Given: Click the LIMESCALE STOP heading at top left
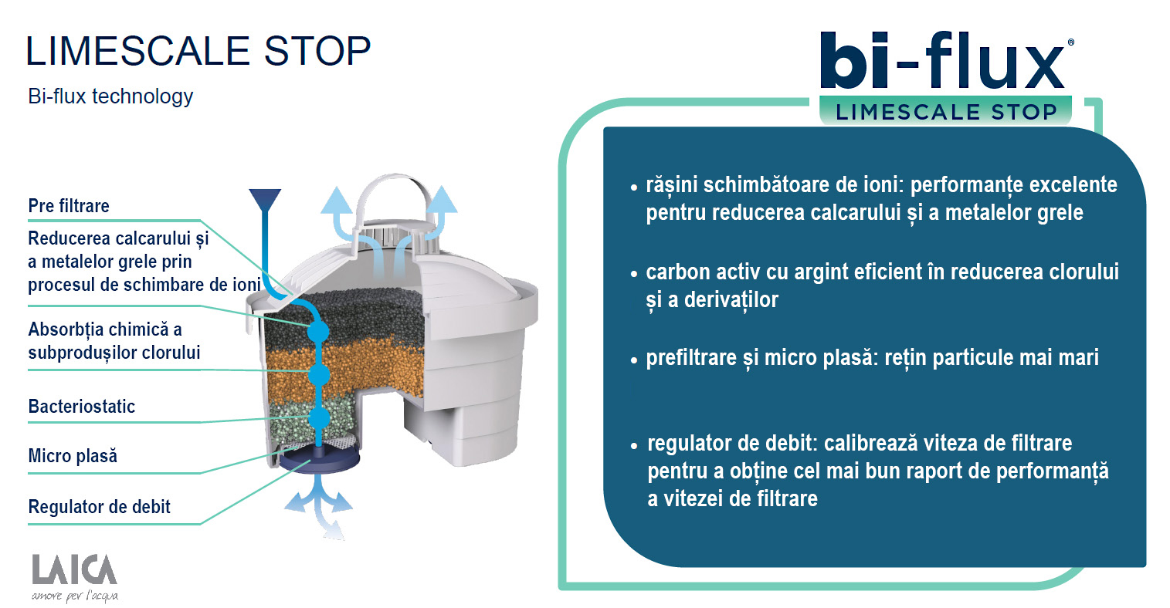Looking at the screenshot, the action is click(198, 51).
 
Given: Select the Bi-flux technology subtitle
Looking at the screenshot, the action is click(110, 96).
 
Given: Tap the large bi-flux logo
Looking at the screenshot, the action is click(945, 60).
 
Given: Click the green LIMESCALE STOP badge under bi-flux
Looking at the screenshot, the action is click(946, 111).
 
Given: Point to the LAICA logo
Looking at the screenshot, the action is click(75, 577).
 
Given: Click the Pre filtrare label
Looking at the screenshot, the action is click(69, 206).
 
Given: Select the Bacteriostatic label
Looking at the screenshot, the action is click(82, 406).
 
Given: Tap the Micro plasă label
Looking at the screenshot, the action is click(73, 455).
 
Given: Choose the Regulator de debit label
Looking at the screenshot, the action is click(100, 507).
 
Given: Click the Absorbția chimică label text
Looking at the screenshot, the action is click(114, 341).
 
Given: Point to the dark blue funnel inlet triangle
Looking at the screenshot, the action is click(266, 200).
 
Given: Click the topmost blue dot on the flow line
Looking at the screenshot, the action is click(317, 331).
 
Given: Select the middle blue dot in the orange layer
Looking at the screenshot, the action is click(319, 375).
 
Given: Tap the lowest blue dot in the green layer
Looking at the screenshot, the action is click(319, 418).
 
